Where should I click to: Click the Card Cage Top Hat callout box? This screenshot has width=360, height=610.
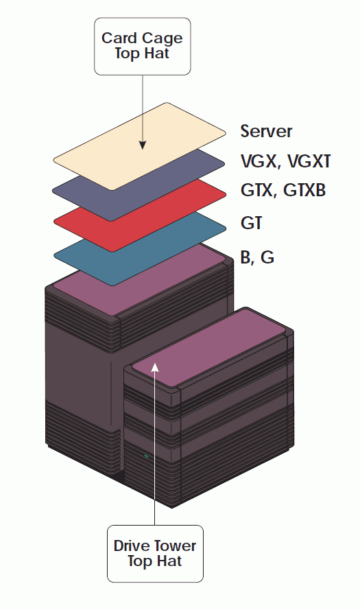click(143, 46)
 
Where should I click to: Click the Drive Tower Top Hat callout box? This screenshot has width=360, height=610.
click(155, 554)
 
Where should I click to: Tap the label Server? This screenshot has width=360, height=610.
click(266, 131)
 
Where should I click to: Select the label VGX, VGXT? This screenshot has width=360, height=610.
click(286, 161)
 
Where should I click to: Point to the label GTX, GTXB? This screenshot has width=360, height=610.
click(283, 190)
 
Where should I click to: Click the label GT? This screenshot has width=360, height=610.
click(252, 223)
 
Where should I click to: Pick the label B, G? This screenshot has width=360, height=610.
click(257, 257)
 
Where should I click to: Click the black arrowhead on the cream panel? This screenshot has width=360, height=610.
click(143, 145)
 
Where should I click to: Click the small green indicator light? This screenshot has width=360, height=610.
click(146, 456)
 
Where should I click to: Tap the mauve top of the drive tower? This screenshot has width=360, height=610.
click(208, 347)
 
